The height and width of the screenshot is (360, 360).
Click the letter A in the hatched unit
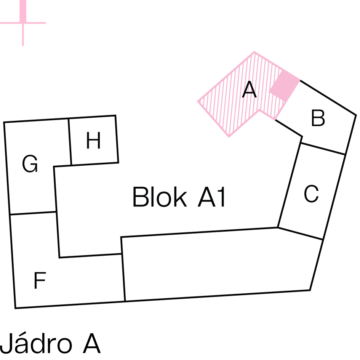pyautogui.click(x=249, y=90)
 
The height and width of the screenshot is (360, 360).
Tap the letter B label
pyautogui.click(x=318, y=118)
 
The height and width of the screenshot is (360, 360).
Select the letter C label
pyautogui.click(x=311, y=194)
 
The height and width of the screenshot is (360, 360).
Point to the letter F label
pyautogui.click(x=40, y=280)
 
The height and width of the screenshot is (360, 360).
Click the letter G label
pyautogui.click(x=30, y=164)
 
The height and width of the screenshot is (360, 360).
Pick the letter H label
pyautogui.click(x=93, y=141)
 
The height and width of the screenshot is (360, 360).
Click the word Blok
pyautogui.click(x=159, y=197)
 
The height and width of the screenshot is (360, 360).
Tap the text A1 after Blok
pyautogui.click(x=212, y=197)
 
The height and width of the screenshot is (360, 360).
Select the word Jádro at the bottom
pyautogui.click(x=36, y=343)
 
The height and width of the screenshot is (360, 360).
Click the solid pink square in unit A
pyautogui.click(x=284, y=85)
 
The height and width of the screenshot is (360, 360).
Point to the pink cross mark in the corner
pyautogui.click(x=23, y=23)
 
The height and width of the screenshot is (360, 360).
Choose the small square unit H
pyautogui.click(x=94, y=140)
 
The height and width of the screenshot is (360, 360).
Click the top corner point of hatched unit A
pyautogui.click(x=254, y=52)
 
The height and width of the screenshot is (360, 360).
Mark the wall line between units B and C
pyautogui.click(x=323, y=149)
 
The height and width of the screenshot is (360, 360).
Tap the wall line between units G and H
pyautogui.click(x=70, y=142)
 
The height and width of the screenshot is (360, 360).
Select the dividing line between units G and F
pyautogui.click(x=33, y=213)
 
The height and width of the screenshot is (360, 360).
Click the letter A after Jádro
pyautogui.click(x=92, y=343)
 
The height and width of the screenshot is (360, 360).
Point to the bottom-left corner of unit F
pyautogui.click(x=15, y=308)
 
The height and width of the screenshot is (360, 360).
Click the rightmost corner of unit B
pyautogui.click(x=356, y=115)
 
